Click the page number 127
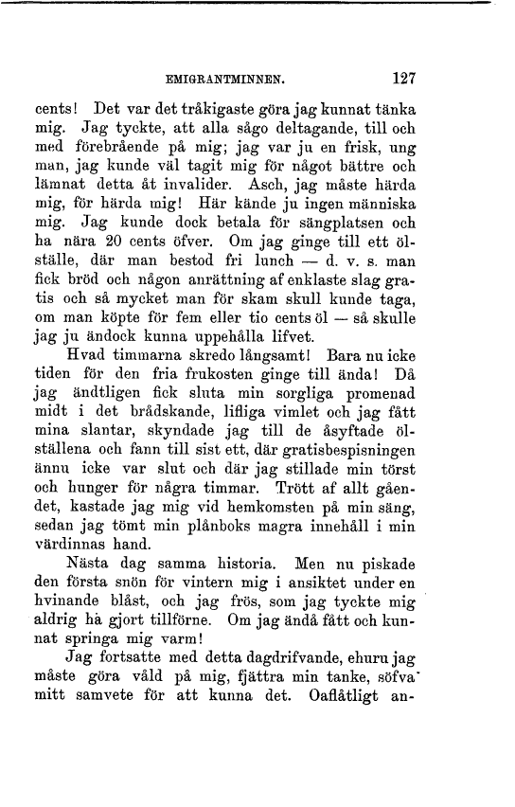coord(402,79)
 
